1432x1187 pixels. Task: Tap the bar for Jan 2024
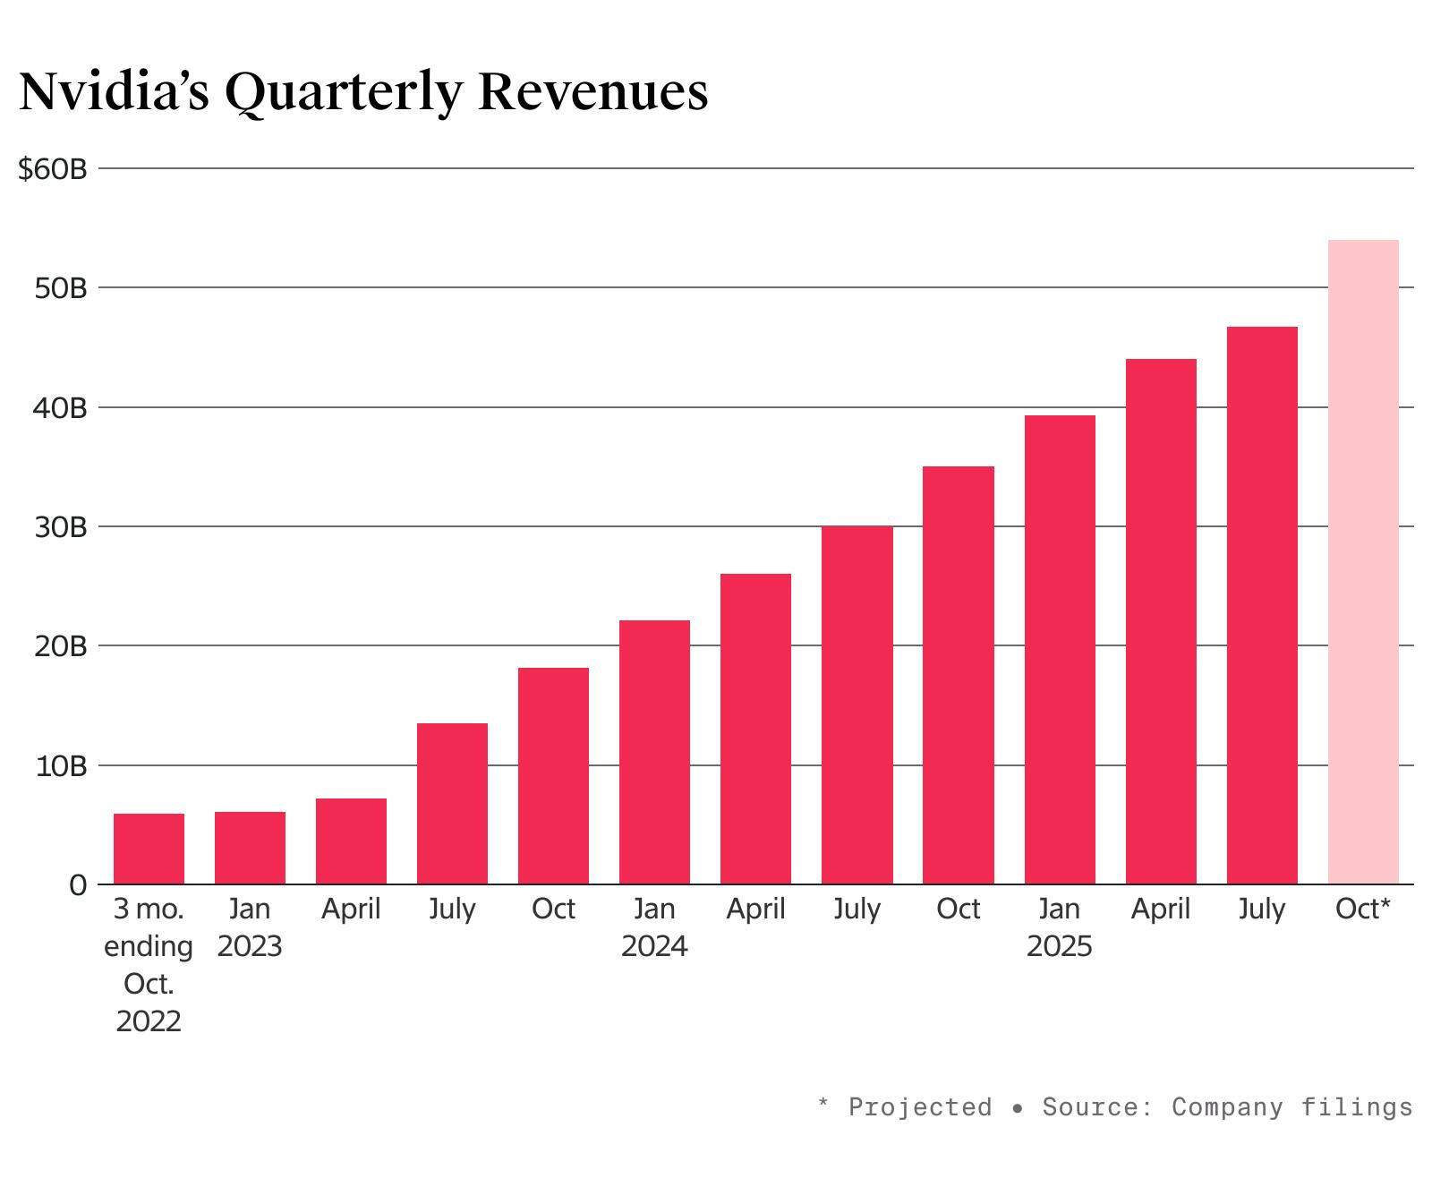pos(654,752)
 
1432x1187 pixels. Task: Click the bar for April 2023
pos(351,841)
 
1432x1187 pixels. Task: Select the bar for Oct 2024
pos(958,675)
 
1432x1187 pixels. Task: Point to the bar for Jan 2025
pos(1059,650)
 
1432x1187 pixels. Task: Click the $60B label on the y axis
pos(52,168)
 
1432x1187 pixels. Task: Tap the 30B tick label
pos(61,527)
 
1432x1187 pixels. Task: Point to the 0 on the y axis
pos(78,885)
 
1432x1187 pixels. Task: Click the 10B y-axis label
pos(61,766)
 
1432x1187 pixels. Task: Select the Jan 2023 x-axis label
pos(250,927)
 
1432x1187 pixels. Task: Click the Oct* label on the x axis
pos(1362,909)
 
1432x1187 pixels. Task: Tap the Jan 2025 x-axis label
pos(1059,927)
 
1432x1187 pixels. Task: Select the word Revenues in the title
pos(592,91)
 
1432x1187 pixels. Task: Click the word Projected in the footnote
pos(919,1107)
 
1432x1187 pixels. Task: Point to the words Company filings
pos(1291,1107)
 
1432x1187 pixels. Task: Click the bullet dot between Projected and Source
pos(1017,1109)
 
